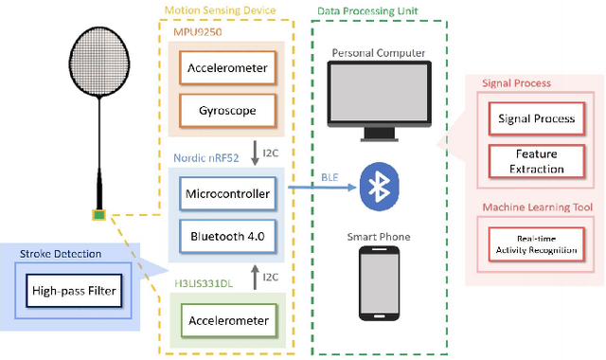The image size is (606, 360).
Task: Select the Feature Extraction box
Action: (537, 161)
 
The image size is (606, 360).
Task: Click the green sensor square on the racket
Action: (98, 214)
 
